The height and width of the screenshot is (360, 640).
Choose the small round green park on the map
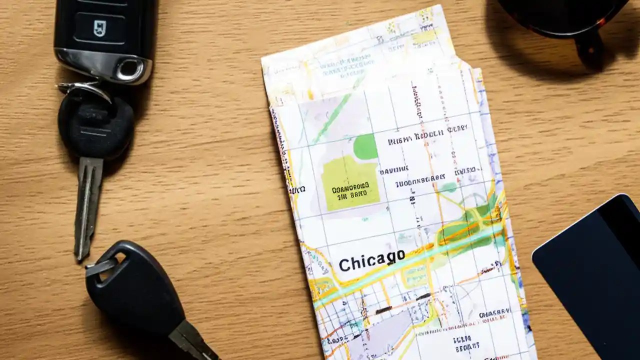click(365, 146)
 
